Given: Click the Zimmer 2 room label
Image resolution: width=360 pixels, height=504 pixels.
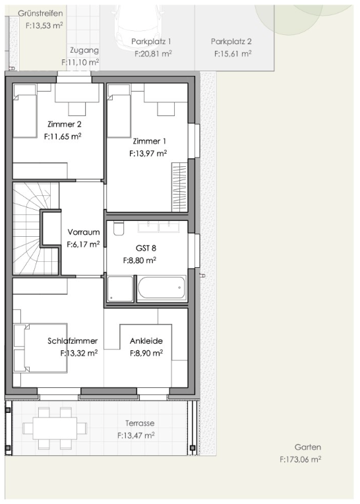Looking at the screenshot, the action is pyautogui.click(x=64, y=124).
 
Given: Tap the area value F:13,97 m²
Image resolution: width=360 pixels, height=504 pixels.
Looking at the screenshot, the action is pyautogui.click(x=148, y=154).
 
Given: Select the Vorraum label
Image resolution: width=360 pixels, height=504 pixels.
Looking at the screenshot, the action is pyautogui.click(x=84, y=232).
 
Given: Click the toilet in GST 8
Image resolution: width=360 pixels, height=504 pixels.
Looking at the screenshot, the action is pyautogui.click(x=119, y=228).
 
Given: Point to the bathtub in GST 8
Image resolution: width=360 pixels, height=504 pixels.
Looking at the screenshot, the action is pyautogui.click(x=162, y=288).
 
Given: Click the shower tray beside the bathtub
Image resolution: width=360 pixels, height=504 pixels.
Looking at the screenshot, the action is pyautogui.click(x=120, y=289).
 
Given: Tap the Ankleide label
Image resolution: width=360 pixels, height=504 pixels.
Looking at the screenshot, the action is pyautogui.click(x=146, y=340).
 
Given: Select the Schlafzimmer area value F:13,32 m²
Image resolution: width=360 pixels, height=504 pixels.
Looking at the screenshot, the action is pyautogui.click(x=79, y=353).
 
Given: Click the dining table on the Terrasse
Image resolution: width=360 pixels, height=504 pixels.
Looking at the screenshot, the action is pyautogui.click(x=55, y=428).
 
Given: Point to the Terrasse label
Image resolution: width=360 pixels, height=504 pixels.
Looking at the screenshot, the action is pyautogui.click(x=140, y=424).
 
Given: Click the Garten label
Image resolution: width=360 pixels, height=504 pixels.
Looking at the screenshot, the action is pyautogui.click(x=308, y=447).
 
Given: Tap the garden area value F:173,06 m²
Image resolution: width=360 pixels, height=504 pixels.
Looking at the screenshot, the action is pyautogui.click(x=300, y=459).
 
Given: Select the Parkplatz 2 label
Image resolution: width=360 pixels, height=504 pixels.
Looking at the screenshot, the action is pyautogui.click(x=231, y=42).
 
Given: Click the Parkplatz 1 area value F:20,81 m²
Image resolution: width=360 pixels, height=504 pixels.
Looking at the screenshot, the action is pyautogui.click(x=153, y=53).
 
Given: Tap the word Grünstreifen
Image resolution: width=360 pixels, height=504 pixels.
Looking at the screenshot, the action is pyautogui.click(x=40, y=13).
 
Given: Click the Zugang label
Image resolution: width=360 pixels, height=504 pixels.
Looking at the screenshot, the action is pyautogui.click(x=84, y=50).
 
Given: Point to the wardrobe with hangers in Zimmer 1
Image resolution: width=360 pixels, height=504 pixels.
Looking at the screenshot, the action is pyautogui.click(x=179, y=187).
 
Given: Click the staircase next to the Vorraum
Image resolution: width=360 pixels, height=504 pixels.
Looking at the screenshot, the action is pyautogui.click(x=36, y=228).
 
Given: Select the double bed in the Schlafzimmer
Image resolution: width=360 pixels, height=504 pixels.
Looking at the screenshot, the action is pyautogui.click(x=40, y=348).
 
